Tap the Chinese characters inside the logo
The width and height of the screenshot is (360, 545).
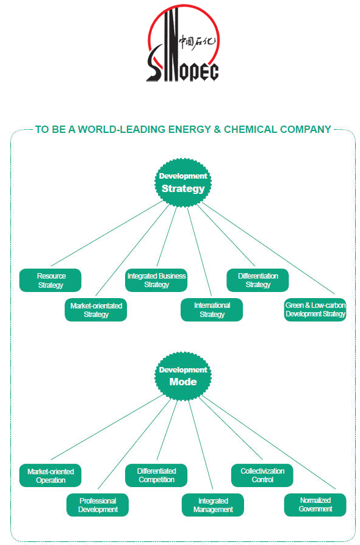(x=197, y=43)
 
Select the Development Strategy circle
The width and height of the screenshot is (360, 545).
(x=183, y=182)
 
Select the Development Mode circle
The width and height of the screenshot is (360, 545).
(x=183, y=376)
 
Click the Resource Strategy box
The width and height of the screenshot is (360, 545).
(x=51, y=280)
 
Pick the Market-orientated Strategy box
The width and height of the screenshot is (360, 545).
(x=96, y=310)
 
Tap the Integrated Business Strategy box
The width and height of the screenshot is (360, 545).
(x=156, y=280)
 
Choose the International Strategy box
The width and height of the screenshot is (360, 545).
(x=212, y=310)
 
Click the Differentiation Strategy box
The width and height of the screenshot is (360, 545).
(x=257, y=280)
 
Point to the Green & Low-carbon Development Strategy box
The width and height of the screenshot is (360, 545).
(x=315, y=310)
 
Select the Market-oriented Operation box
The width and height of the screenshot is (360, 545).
(x=51, y=476)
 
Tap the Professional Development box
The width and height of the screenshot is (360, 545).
(x=98, y=505)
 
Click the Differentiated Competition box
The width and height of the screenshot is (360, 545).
(x=156, y=476)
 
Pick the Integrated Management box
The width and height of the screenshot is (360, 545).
(x=213, y=505)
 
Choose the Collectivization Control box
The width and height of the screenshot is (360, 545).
(x=262, y=476)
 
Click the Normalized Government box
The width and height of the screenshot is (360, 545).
(x=315, y=505)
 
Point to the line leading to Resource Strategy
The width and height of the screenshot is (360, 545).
(x=107, y=233)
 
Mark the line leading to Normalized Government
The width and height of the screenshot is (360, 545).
(x=268, y=443)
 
